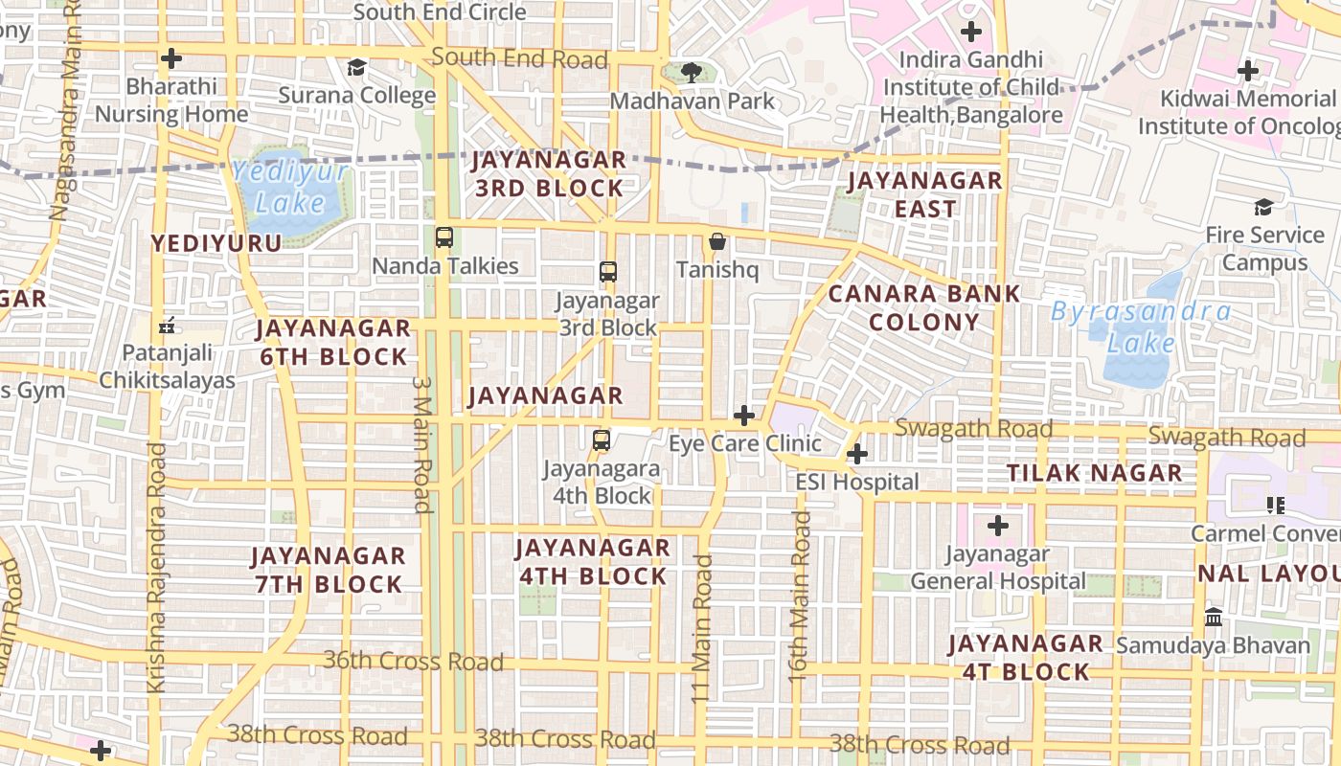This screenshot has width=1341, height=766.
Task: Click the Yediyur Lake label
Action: tap(291, 188)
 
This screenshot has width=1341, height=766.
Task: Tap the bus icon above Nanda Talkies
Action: tap(444, 237)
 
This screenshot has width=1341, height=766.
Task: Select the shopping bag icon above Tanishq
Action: tap(716, 241)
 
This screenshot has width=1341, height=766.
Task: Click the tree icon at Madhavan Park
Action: tap(690, 72)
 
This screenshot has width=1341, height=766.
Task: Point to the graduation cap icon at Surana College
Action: tap(357, 67)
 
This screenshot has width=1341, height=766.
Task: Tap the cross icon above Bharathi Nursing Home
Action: tap(171, 58)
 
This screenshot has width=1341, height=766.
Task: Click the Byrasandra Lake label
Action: tap(1141, 327)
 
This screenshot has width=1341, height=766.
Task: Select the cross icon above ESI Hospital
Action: tap(857, 453)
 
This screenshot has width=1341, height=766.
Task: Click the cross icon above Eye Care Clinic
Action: tap(744, 415)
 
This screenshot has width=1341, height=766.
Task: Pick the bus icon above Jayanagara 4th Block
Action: tap(602, 440)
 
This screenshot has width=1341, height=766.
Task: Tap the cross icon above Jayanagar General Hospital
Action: tap(998, 525)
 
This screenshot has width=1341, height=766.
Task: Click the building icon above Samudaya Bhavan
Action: tap(1213, 617)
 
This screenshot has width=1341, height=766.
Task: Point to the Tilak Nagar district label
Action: tap(1094, 473)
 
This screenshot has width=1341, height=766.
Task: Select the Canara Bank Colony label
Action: tap(924, 307)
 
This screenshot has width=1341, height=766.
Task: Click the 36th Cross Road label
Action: tap(413, 661)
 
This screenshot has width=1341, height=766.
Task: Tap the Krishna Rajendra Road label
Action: tap(156, 567)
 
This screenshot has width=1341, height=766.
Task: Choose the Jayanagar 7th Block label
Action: tap(328, 570)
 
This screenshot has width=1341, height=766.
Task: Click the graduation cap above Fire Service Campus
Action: tap(1264, 207)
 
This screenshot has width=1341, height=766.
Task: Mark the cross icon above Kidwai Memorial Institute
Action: tap(1247, 71)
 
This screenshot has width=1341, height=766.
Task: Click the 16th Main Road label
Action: tap(801, 596)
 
